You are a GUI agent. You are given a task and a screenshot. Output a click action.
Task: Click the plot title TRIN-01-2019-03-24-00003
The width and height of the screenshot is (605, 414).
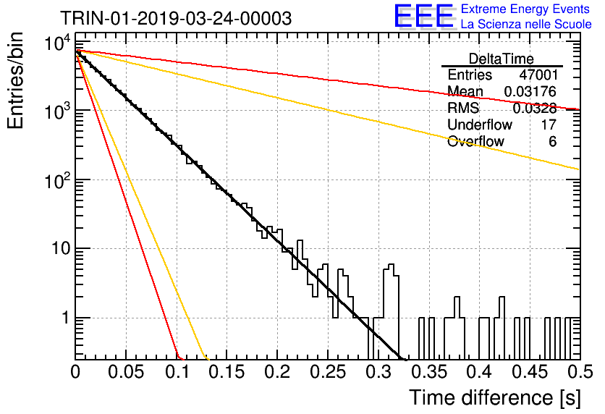coord(176,18)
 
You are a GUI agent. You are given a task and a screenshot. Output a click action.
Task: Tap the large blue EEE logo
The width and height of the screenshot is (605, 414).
coord(423,16)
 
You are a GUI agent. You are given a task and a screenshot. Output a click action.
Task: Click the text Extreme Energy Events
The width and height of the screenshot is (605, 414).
coord(525,9)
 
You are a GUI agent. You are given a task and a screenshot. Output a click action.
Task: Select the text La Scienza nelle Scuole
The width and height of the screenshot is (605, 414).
coord(526,24)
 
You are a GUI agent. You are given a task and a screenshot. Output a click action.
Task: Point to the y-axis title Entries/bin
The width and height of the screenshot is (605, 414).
coord(15,80)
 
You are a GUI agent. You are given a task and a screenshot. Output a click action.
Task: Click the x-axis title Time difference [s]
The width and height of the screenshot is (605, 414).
coord(495,397)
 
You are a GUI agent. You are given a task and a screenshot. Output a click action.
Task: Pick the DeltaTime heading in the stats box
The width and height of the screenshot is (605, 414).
coord(502,59)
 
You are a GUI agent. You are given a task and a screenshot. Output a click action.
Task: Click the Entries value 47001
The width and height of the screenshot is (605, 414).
coord(538,75)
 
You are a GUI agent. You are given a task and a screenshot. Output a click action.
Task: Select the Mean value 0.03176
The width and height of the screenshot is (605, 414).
coord(530,91)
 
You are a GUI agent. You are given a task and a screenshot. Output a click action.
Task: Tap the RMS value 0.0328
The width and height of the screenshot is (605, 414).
coord(535,109)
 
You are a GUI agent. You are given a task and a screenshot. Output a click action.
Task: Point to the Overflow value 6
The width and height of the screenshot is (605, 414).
coord(552,141)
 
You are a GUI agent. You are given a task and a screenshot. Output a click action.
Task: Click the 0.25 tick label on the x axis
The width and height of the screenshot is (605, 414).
coord(328,372)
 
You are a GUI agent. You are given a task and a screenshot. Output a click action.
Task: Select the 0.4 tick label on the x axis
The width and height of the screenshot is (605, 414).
coord(480,372)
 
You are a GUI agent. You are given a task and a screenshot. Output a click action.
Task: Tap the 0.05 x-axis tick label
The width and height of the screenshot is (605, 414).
coord(126,372)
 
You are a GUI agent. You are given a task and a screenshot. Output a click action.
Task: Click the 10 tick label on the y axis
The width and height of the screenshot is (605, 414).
coord(62,249)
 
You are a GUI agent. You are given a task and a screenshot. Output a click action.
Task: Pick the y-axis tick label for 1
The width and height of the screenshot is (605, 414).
coord(66,318)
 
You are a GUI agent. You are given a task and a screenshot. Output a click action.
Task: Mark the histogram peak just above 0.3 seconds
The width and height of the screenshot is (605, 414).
coord(392,266)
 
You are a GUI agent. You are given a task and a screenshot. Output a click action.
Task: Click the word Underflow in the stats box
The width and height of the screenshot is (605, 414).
coord(480,124)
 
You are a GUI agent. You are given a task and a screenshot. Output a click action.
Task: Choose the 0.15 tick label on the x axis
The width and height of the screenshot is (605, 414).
coord(227,372)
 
